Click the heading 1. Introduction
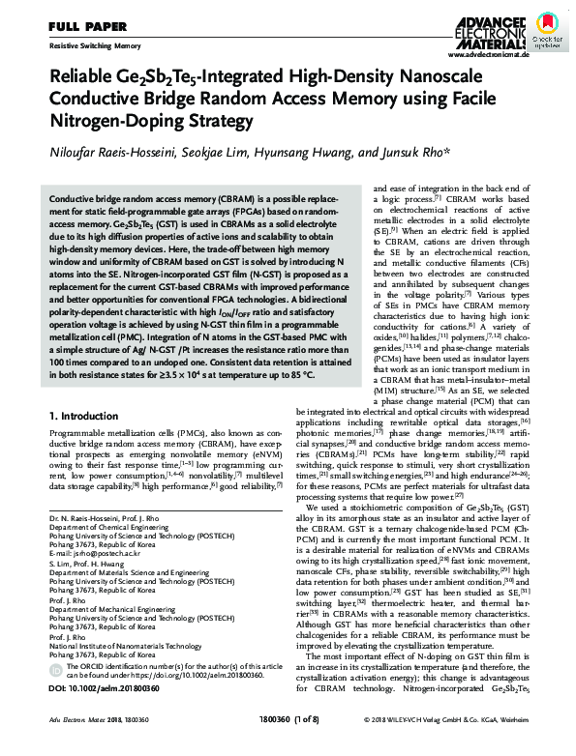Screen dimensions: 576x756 coord(86,415)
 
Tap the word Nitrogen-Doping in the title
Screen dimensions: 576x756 coord(101,121)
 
